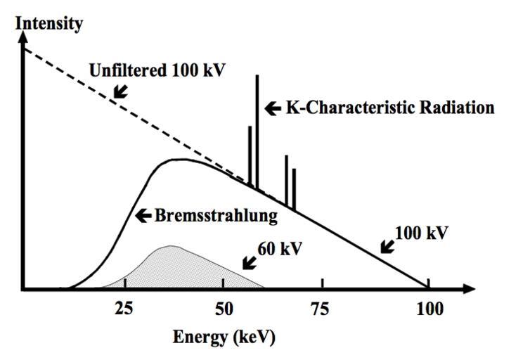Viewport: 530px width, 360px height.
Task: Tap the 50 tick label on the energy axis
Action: (224, 309)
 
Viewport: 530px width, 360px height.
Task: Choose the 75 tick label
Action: (322, 309)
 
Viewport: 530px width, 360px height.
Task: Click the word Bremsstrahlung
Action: (216, 215)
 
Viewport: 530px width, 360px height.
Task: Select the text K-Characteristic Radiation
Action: (389, 108)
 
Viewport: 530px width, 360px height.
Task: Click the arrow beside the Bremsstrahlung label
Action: (143, 216)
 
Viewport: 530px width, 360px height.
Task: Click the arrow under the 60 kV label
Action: (248, 262)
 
